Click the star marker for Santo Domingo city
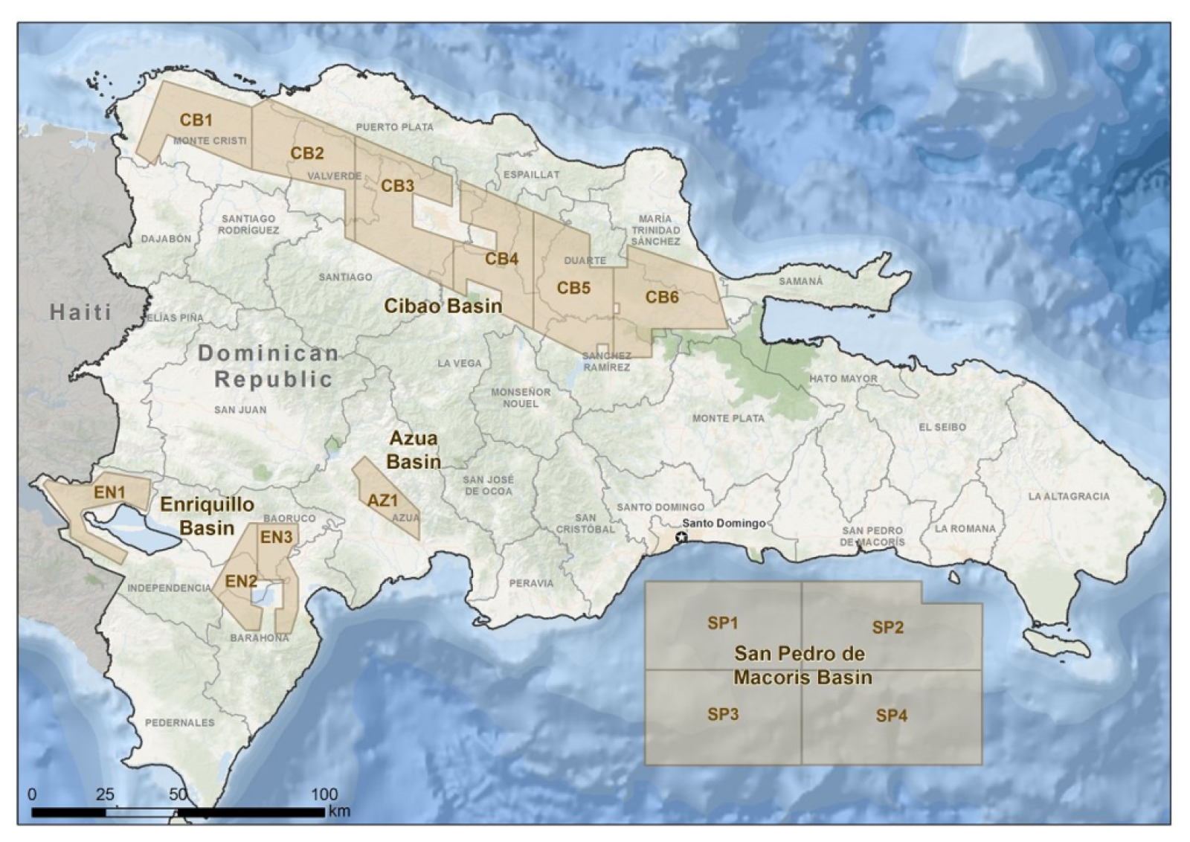point(681,536)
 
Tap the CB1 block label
point(196,120)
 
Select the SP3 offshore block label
point(722,714)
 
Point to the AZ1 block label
point(383,501)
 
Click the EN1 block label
point(109,492)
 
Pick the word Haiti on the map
point(80,312)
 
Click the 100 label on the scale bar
point(324,794)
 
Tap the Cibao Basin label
point(443,306)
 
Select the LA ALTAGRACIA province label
point(1069,496)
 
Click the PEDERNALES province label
point(179,722)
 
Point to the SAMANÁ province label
point(801,281)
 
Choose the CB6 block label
point(662,298)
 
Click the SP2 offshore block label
point(887,627)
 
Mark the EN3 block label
point(276,537)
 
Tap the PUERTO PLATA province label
point(394,127)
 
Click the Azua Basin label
point(414,450)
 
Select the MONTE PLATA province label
point(727,418)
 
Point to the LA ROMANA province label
point(965,528)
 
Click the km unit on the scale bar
point(339,811)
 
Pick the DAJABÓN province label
point(166,239)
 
